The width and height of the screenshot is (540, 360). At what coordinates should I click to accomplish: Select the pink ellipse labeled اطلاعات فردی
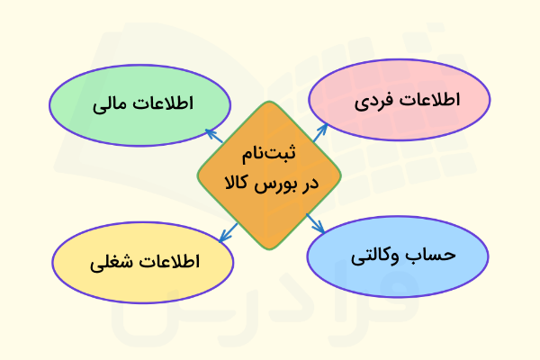point(400,100)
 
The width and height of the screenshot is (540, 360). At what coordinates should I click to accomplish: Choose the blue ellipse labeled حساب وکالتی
point(398,255)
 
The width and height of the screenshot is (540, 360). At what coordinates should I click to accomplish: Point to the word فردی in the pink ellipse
point(373,101)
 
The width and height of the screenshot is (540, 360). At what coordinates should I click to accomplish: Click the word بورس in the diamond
point(274,186)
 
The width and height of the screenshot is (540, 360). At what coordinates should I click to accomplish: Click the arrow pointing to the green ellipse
point(214,136)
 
